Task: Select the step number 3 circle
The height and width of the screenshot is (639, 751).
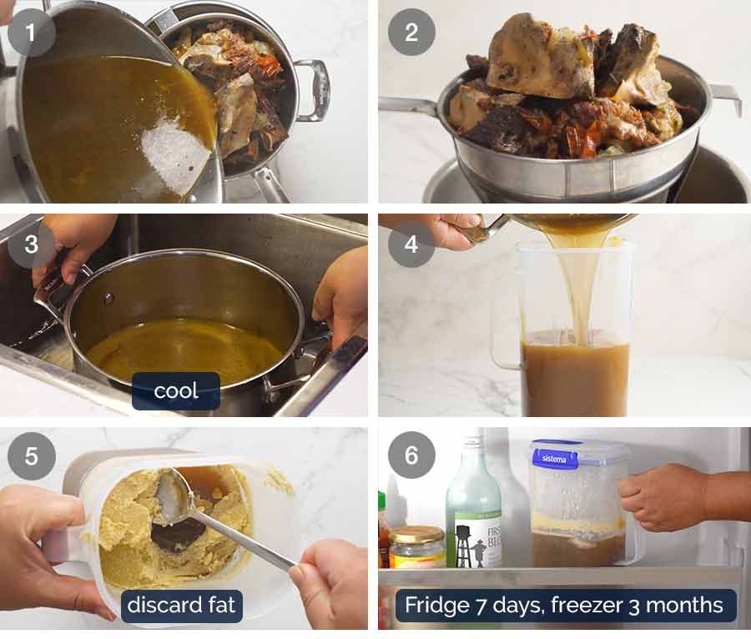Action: click(32, 244)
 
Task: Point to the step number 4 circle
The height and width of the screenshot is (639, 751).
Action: click(411, 244)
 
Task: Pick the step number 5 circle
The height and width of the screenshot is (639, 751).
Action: click(32, 456)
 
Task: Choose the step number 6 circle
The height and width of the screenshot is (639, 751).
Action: click(411, 456)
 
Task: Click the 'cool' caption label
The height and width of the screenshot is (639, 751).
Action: click(176, 390)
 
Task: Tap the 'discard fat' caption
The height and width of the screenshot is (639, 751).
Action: click(183, 605)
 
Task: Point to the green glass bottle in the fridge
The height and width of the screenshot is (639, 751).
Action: click(473, 509)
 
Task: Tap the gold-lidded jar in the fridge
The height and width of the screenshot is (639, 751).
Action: click(416, 546)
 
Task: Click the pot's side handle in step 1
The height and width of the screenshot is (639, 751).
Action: click(312, 88)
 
